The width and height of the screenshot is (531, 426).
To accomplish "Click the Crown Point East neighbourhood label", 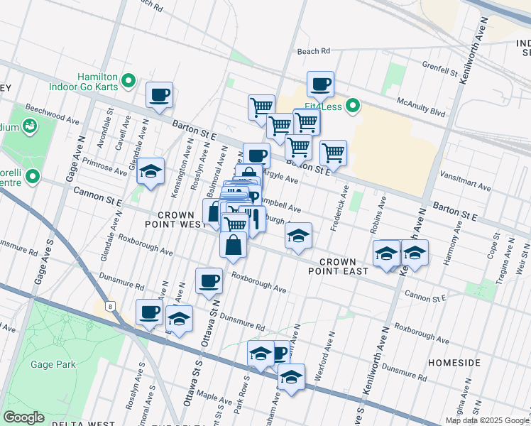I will coord(337,266).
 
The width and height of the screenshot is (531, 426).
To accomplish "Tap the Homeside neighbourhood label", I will coord(454,362).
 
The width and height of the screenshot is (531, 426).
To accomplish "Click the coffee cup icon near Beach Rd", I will coord(320,84).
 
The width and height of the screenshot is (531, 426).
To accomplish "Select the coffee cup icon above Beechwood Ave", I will coord(159,94).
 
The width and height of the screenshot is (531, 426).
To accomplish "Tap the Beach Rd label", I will coord(314,51).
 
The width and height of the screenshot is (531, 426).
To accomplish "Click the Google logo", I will coord(23,417).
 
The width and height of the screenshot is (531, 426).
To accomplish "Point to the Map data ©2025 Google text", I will coord(486,420).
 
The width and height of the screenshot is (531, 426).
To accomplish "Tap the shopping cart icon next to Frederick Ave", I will coord(333,152).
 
